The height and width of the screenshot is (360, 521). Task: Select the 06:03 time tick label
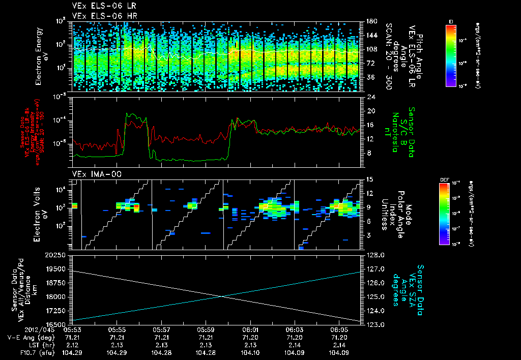[294, 329]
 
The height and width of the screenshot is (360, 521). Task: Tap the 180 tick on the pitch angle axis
[371, 21]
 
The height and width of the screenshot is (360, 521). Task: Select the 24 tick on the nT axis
[370, 97]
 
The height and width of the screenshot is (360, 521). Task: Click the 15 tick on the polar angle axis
[370, 179]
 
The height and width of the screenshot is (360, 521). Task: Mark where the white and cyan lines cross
[222, 296]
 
